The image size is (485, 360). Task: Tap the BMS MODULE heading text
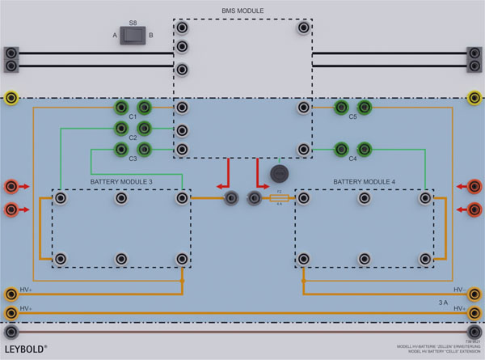pos(242,11)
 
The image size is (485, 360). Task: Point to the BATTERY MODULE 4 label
pos(364,182)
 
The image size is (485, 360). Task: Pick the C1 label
pos(133,117)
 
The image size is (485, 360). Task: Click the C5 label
pos(352,117)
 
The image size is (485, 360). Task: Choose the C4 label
pos(352,159)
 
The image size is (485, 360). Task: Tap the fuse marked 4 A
pos(279,198)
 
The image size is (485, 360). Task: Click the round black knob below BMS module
pos(279,174)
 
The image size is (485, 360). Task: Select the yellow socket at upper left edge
pos(11,98)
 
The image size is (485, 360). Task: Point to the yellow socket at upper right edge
pos(474,98)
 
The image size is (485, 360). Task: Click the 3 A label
pos(443,302)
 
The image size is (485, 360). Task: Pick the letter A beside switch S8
pos(115,36)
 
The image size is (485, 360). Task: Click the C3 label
pos(133,159)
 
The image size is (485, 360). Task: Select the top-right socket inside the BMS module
pos(303,28)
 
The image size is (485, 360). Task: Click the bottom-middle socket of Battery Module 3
pos(120,259)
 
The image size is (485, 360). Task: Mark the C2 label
pos(133,138)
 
